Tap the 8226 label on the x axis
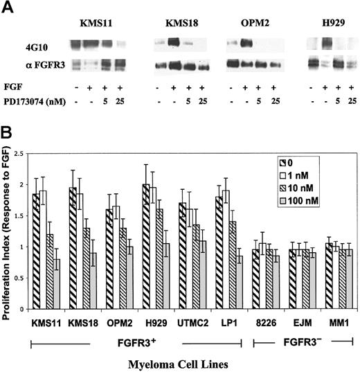click(262, 323)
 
